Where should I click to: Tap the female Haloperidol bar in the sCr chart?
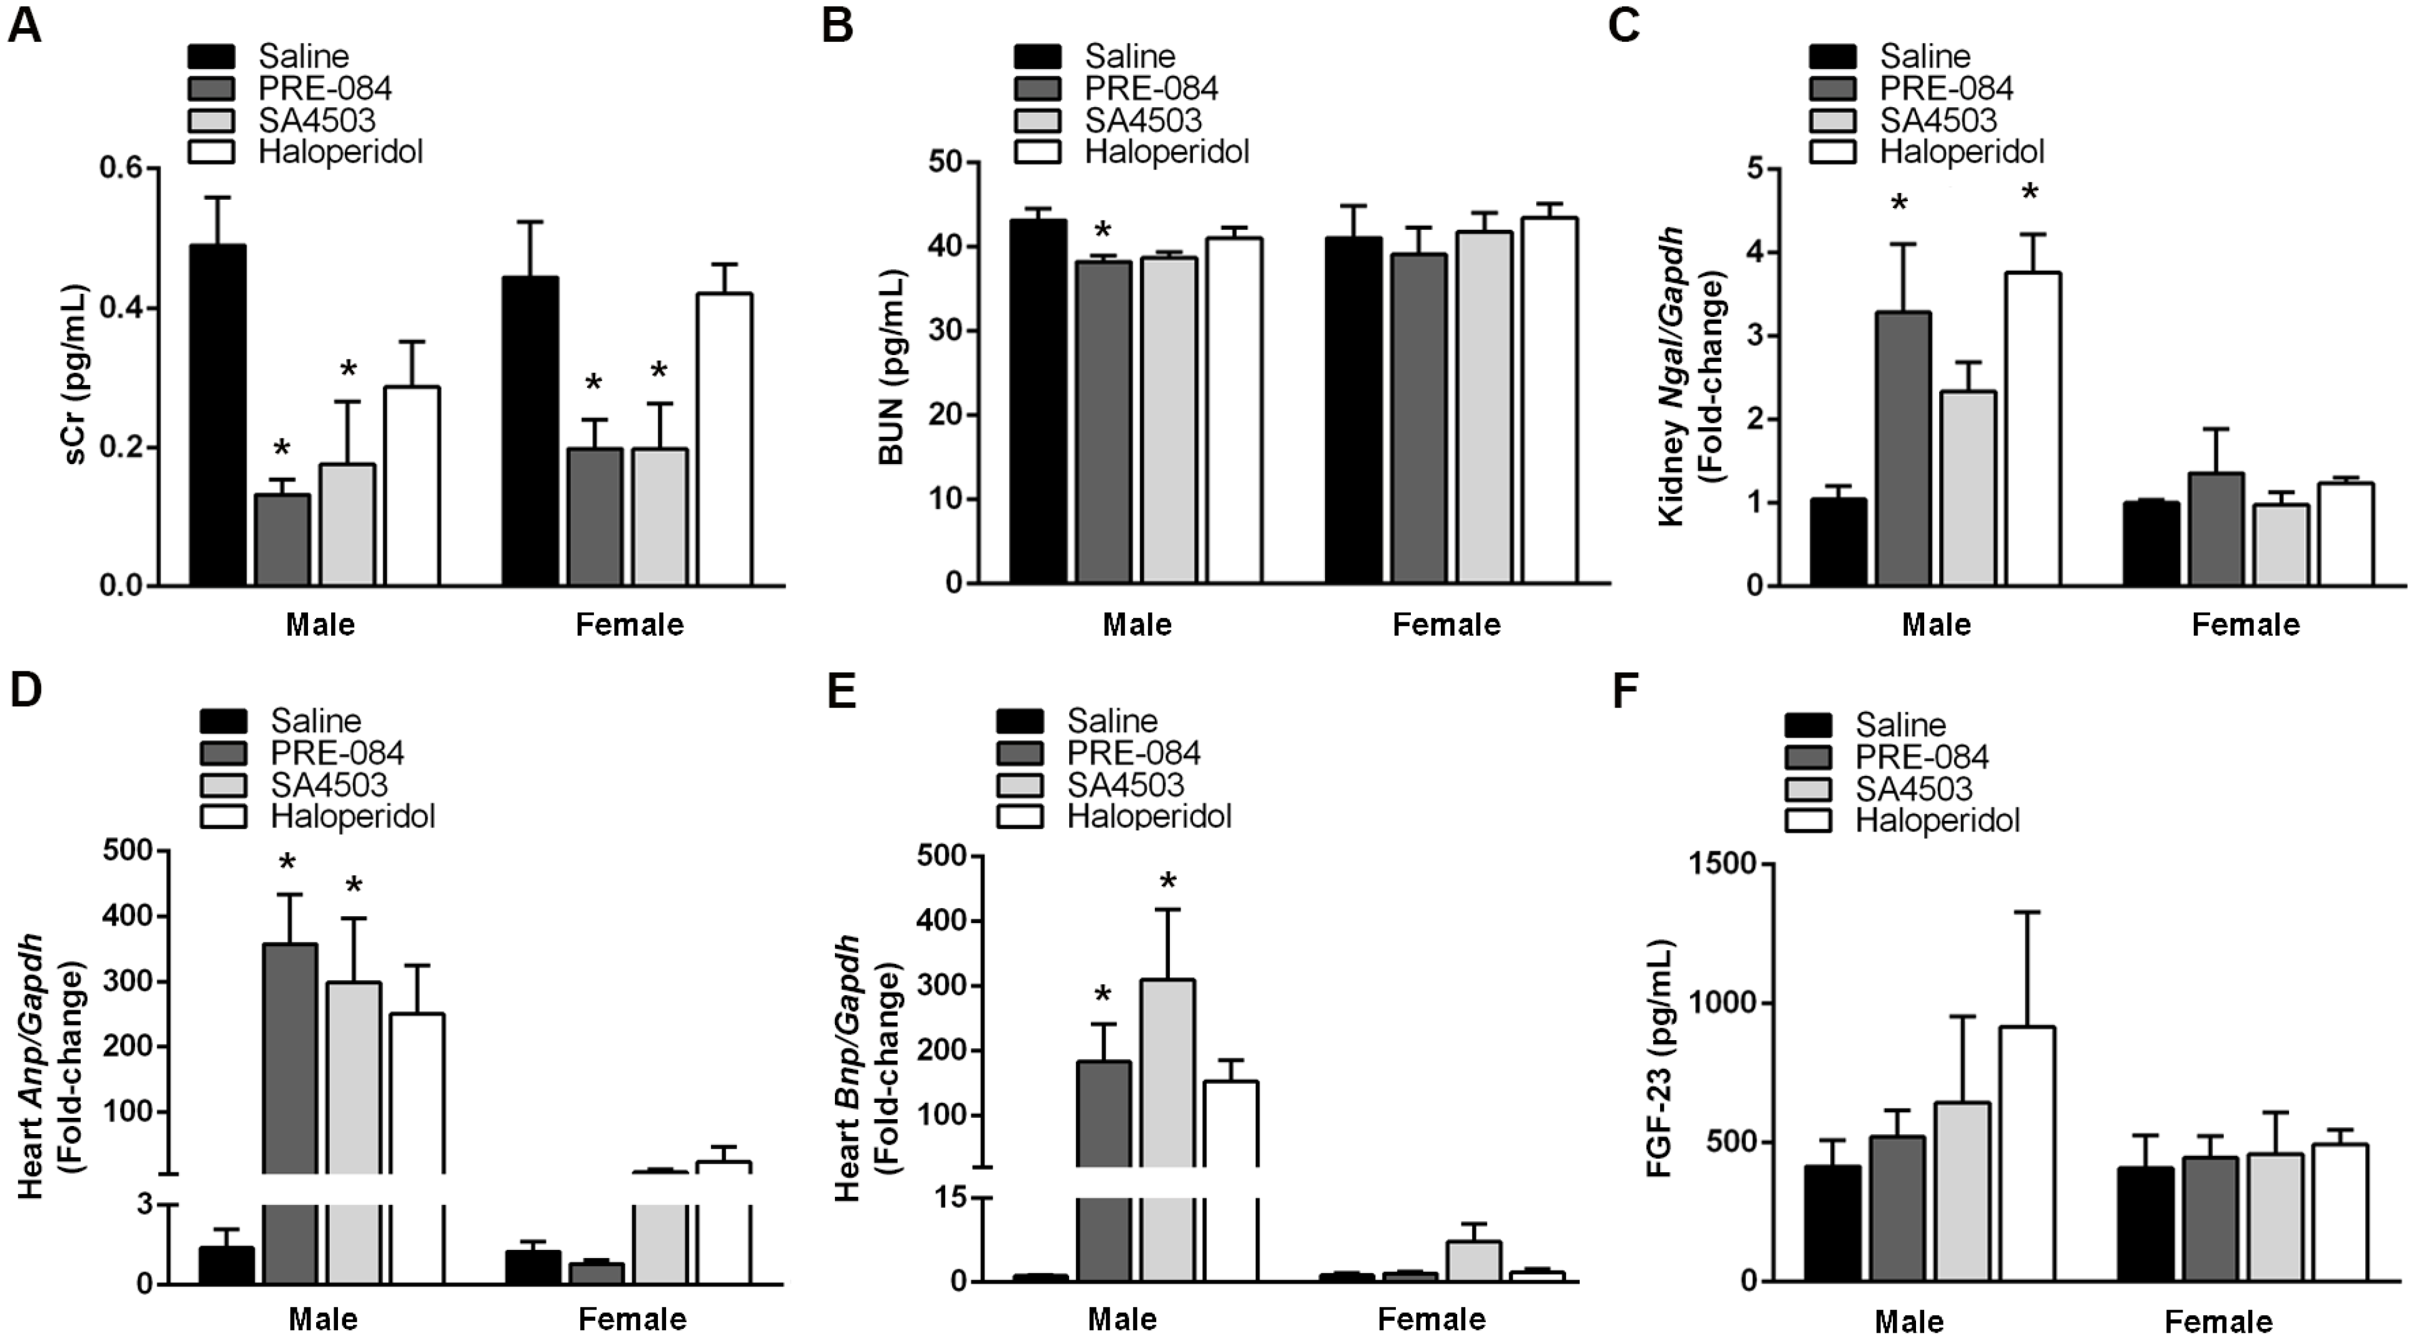pos(723,440)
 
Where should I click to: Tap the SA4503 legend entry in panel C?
pos(1937,120)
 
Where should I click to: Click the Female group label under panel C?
pos(2245,625)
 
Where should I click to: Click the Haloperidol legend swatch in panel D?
pos(224,815)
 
